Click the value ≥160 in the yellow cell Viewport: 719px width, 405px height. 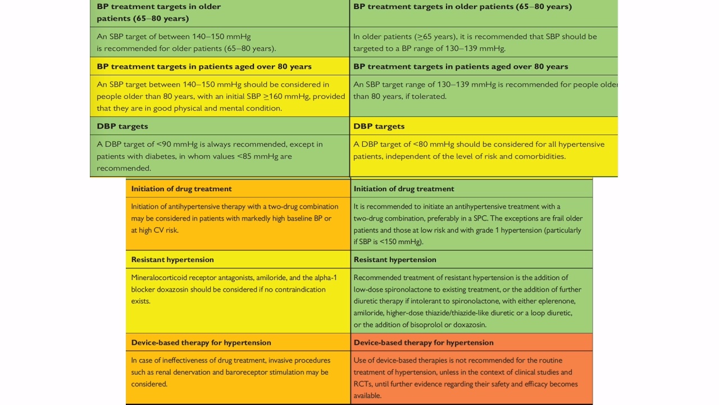[273, 96]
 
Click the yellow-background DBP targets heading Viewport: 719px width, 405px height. [379, 127]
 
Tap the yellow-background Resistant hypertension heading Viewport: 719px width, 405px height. [172, 260]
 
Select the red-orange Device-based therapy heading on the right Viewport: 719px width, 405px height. [424, 343]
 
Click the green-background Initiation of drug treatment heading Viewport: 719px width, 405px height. [404, 188]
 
